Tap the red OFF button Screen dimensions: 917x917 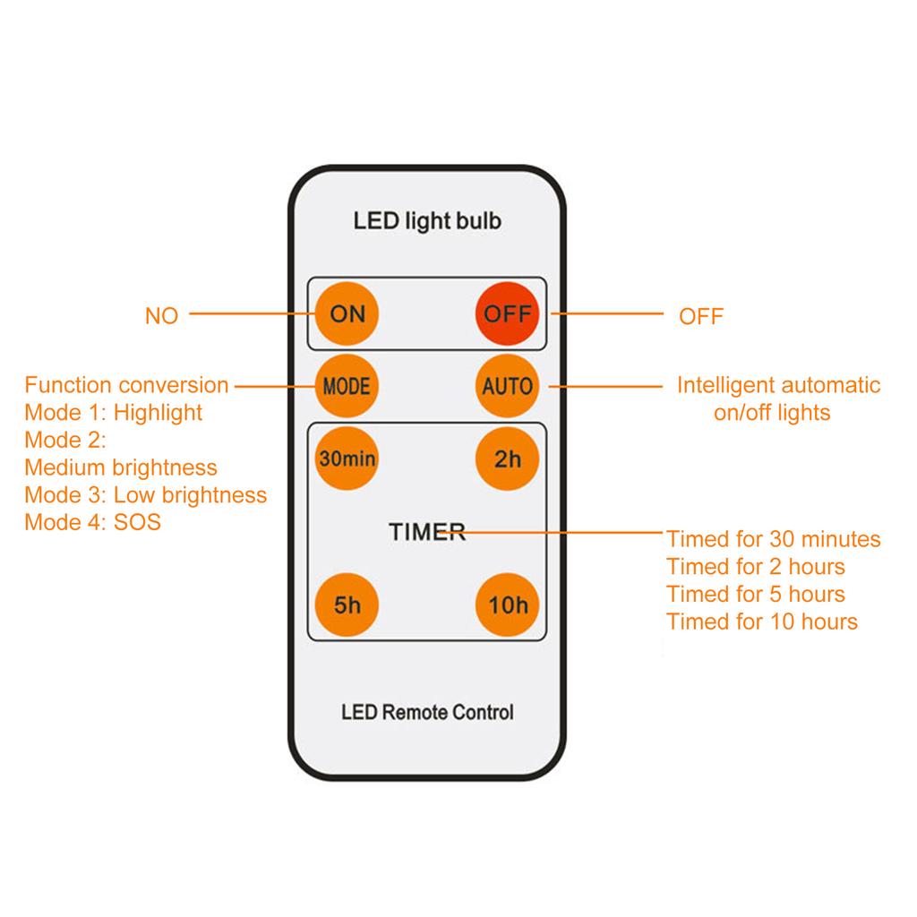coord(508,314)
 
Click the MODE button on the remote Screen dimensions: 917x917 coord(347,387)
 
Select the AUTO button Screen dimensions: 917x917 coord(508,387)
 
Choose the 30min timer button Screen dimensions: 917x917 coord(347,458)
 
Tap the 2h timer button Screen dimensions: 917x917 coord(508,458)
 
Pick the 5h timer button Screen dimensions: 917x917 coord(347,604)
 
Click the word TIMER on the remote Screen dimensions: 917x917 coord(427,532)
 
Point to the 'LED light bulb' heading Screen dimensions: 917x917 coord(427,220)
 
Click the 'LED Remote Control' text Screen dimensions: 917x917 coord(427,713)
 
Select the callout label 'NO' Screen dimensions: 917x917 coord(161,316)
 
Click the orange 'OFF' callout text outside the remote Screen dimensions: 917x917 coord(700,316)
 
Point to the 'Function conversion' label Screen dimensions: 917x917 coord(126,386)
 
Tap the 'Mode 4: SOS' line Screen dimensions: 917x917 coord(92,522)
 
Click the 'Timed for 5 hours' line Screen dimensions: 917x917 coord(755,595)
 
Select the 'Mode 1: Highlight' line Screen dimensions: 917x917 coord(114,413)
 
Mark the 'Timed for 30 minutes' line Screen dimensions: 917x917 coord(773,539)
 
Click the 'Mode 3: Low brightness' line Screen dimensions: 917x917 coord(145,495)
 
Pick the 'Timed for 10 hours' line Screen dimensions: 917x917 coord(761,621)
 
